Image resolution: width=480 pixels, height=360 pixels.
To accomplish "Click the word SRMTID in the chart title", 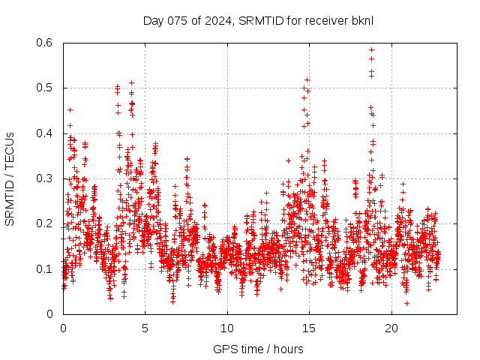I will (x=259, y=20).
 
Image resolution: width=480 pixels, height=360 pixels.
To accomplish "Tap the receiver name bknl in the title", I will (x=360, y=20).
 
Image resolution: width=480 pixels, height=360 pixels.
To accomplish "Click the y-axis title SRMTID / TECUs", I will (x=10, y=178).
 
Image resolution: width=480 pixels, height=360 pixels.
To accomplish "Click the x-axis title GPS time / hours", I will (x=258, y=349).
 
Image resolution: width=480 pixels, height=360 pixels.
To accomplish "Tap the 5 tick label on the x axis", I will (x=145, y=328).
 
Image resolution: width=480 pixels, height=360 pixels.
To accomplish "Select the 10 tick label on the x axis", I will (x=227, y=328).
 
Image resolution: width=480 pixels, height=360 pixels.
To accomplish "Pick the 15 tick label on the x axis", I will (x=309, y=328).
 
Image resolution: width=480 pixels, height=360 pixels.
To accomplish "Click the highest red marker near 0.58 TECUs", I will (x=371, y=50).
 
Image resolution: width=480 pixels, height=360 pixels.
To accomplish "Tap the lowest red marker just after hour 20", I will (x=406, y=303).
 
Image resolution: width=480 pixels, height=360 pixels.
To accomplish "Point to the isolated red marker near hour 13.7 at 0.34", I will (x=288, y=160).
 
